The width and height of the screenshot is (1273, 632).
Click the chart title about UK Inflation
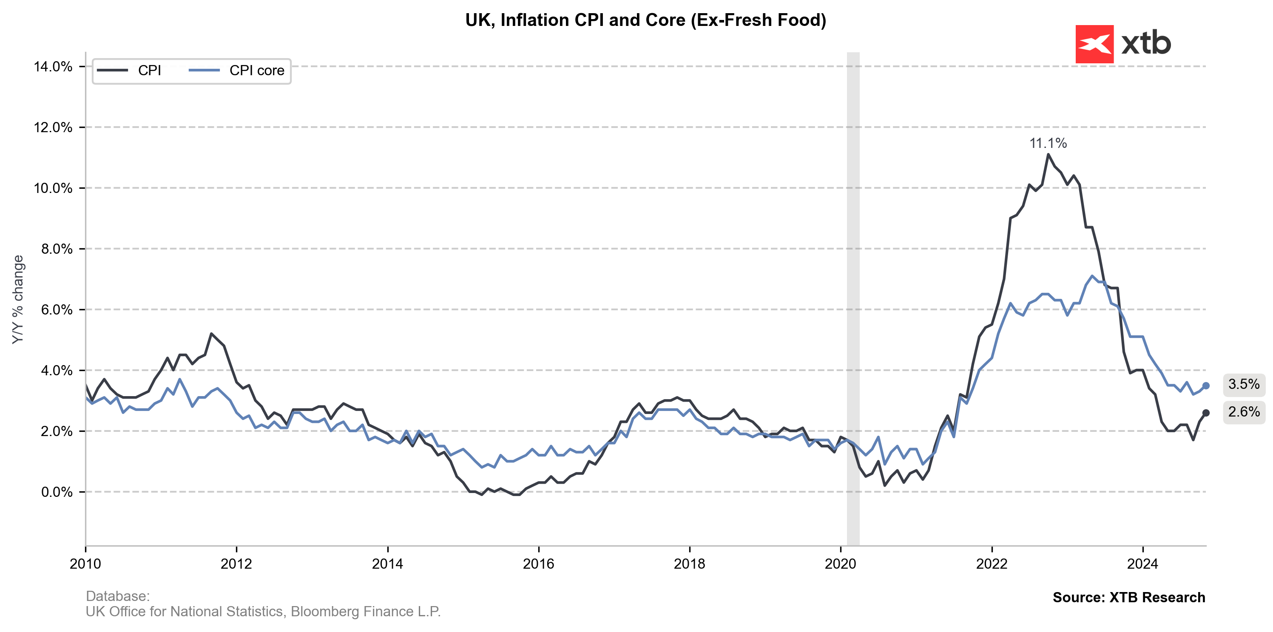[x=645, y=20]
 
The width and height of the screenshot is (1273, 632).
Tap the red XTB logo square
[x=1094, y=44]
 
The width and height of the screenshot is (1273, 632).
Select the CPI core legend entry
[x=256, y=71]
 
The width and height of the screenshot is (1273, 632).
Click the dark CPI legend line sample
[x=112, y=71]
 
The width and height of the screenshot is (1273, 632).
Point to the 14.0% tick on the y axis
[x=53, y=67]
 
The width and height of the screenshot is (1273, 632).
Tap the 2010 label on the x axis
[x=85, y=564]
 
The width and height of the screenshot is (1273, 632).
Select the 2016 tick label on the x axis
[x=538, y=564]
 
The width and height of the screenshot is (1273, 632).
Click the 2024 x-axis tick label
[x=1142, y=564]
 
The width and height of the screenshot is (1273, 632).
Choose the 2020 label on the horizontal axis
[x=840, y=564]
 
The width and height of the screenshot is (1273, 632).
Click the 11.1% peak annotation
[x=1048, y=143]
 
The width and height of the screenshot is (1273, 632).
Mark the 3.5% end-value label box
[x=1243, y=385]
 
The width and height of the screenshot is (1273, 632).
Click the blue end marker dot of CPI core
[x=1206, y=385]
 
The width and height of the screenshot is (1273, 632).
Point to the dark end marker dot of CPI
[x=1206, y=413]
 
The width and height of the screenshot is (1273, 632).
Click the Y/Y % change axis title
[x=18, y=300]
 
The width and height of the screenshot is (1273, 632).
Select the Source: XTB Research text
[x=1129, y=598]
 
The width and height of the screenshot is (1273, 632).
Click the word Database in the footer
[x=117, y=596]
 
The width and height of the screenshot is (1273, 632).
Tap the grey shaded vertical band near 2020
[x=853, y=297]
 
